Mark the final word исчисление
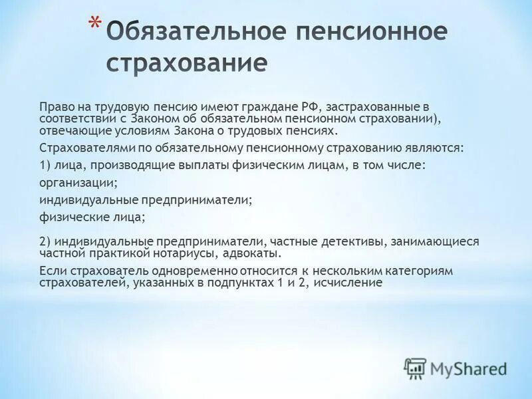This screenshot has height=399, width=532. [x=350, y=283]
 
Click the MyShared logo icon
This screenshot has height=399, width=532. [x=415, y=368]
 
